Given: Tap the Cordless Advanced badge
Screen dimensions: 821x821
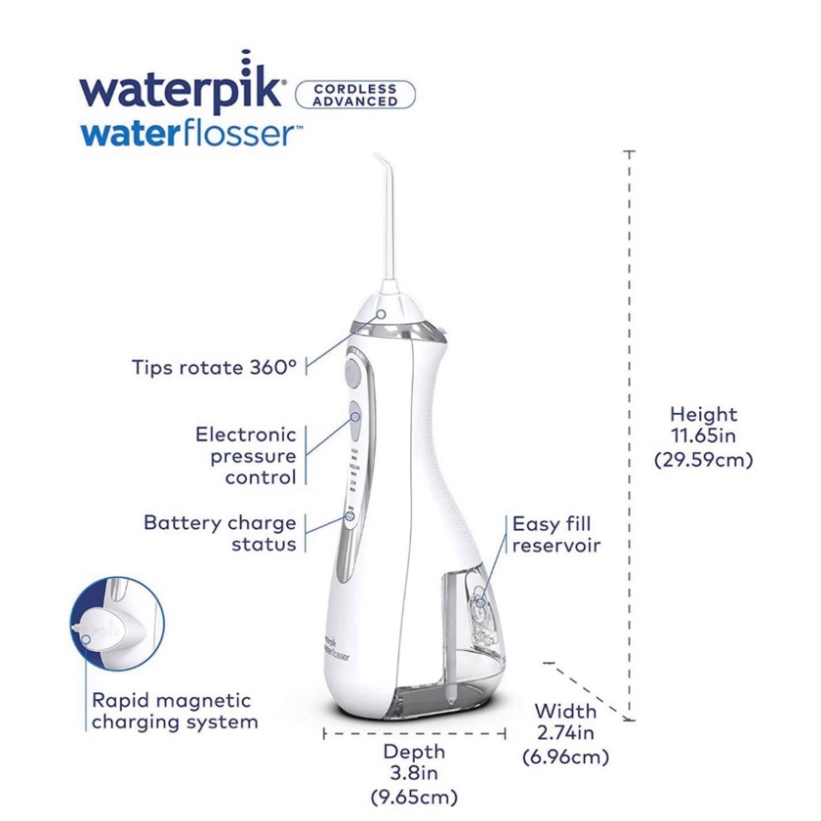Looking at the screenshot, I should click(355, 94).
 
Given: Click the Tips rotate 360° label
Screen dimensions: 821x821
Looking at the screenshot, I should click(214, 367).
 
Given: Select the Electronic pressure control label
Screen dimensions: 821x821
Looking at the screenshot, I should click(246, 455).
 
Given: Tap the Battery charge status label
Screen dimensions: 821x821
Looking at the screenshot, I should click(221, 533).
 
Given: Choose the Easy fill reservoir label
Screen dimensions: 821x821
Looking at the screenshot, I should click(556, 535).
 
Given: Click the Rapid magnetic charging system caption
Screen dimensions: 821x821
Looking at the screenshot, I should click(175, 710).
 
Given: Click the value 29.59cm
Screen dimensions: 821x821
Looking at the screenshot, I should click(703, 459).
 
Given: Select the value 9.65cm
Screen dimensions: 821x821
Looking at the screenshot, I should click(414, 799).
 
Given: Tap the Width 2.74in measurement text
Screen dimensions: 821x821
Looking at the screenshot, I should click(565, 721).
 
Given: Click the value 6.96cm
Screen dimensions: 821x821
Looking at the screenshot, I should click(565, 756).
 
